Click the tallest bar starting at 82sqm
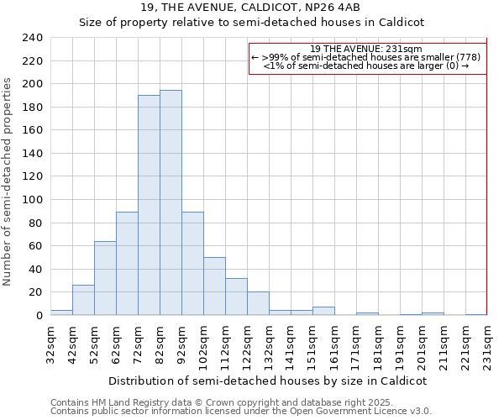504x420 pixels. [x=171, y=202]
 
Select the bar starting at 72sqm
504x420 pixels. [x=149, y=205]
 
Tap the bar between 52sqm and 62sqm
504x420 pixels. [x=105, y=278]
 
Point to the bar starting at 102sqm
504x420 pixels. [x=214, y=286]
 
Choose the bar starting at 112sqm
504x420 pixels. [x=236, y=297]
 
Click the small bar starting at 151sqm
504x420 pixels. [x=323, y=311]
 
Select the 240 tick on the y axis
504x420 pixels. [x=33, y=38]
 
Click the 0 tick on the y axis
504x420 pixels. [x=39, y=315]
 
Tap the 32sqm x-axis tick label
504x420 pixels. [x=50, y=344]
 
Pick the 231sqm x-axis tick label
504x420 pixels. [x=487, y=344]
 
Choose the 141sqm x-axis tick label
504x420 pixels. [x=291, y=344]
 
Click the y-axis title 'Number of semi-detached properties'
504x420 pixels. [x=8, y=181]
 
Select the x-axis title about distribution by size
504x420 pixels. [x=268, y=381]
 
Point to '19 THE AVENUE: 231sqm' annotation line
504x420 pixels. [x=367, y=49]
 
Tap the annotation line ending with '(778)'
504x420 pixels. [x=367, y=57]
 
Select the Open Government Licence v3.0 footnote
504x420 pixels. [x=240, y=411]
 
